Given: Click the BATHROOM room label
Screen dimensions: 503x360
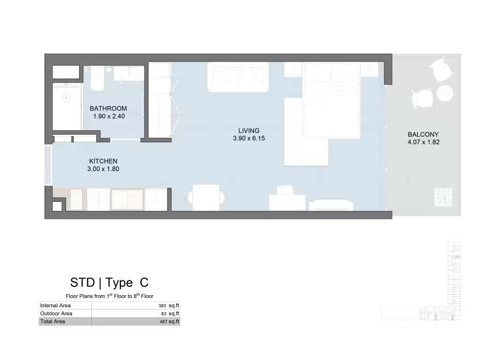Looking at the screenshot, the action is [x=108, y=108].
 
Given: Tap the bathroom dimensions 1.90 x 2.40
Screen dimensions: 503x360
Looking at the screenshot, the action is [x=109, y=116].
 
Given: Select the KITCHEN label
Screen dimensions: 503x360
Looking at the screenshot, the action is [x=103, y=161].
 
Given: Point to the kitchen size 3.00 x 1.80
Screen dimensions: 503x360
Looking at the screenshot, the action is [x=103, y=169].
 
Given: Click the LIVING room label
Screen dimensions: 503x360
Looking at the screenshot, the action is [x=249, y=131].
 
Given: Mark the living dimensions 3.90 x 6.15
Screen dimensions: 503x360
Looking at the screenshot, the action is [x=249, y=139].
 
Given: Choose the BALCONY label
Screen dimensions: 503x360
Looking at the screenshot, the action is [x=423, y=135].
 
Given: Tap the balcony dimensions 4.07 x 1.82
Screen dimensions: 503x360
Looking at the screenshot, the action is [x=423, y=142].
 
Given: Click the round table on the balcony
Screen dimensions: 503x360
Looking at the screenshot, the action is [x=445, y=93].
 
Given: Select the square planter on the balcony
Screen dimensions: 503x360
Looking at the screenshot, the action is [x=443, y=197].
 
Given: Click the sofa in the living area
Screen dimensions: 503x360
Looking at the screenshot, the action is [x=237, y=77].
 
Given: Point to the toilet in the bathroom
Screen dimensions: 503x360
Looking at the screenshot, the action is [x=97, y=78].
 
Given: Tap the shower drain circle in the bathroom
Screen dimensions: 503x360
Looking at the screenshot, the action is [x=67, y=97].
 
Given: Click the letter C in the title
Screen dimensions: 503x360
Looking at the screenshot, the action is [x=145, y=283].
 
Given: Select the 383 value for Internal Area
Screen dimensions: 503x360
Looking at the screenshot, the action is [x=162, y=306].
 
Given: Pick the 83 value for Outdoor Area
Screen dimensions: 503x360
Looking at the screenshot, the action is [x=164, y=314].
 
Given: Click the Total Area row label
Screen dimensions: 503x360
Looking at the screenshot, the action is [x=53, y=322].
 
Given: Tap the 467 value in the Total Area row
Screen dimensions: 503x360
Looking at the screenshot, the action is [x=164, y=322].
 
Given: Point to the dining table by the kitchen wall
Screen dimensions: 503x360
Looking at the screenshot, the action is [x=206, y=198].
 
